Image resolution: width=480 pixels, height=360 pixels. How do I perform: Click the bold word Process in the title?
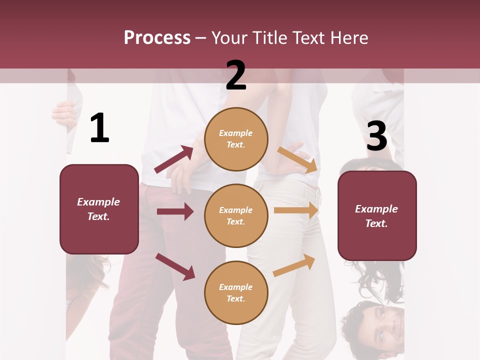click(x=157, y=38)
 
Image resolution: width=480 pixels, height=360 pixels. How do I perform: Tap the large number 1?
click(x=99, y=128)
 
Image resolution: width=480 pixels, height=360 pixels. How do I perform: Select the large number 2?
click(x=236, y=75)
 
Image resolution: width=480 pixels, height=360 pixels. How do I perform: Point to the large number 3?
click(x=376, y=136)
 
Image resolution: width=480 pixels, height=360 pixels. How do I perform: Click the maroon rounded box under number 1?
click(x=99, y=209)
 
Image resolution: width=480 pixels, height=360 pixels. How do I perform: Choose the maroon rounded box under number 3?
click(x=377, y=216)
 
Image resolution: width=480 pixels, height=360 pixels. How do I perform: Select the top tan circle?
click(x=236, y=139)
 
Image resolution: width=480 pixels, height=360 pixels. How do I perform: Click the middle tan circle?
click(x=236, y=215)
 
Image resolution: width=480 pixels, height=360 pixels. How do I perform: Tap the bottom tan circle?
click(x=236, y=292)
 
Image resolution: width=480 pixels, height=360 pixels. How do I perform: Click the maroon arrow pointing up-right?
click(x=174, y=159)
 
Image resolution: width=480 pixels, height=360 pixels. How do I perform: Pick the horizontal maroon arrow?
click(x=175, y=211)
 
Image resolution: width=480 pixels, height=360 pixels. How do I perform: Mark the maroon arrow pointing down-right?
click(x=175, y=266)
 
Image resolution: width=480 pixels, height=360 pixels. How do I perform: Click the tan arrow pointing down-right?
click(x=297, y=159)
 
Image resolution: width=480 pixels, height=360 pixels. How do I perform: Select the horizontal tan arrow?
click(x=296, y=210)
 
